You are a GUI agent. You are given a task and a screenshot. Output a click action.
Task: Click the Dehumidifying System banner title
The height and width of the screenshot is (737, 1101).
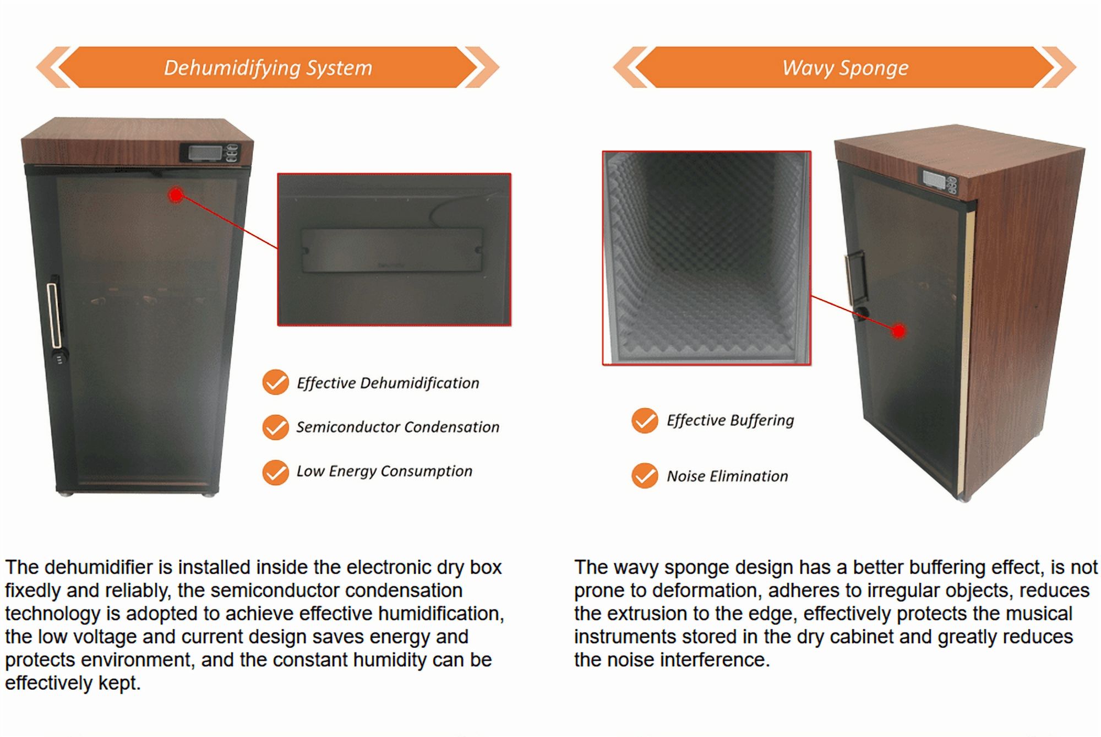(268, 68)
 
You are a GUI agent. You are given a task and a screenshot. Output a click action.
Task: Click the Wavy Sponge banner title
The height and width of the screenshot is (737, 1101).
(845, 68)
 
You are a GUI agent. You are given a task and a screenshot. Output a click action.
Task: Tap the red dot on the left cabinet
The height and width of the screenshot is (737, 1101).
(176, 194)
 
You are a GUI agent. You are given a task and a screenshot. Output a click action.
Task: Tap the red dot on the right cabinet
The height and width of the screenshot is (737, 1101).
(898, 331)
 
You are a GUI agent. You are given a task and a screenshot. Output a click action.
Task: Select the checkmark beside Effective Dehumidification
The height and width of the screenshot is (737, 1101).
(275, 382)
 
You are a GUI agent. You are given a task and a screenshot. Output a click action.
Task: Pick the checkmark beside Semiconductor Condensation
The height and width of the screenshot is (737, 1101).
(275, 427)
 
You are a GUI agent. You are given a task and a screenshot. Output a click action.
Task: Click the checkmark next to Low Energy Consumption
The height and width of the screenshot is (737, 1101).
(275, 472)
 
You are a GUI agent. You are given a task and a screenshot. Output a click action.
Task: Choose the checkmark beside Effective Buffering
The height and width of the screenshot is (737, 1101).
(645, 421)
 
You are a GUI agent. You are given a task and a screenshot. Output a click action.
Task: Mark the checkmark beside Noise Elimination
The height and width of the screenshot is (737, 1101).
(645, 476)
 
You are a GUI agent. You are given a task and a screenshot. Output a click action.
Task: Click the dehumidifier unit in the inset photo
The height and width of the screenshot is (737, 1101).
(391, 250)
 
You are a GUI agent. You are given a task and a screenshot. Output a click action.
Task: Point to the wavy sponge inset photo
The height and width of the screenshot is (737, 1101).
(707, 258)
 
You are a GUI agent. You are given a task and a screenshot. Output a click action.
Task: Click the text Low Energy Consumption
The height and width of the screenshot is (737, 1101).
(384, 472)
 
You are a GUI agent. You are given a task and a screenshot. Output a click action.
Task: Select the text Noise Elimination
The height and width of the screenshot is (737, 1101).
(727, 476)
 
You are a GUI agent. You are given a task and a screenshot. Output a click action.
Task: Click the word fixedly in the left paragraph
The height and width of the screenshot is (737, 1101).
(33, 591)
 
